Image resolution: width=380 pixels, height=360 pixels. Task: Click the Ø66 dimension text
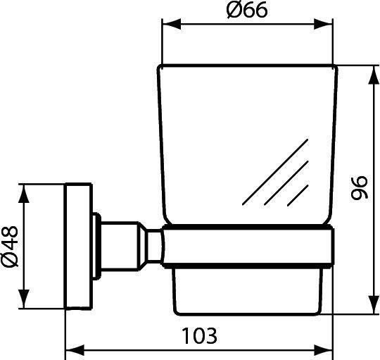(248, 12)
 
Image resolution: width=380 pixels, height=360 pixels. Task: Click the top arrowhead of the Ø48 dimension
(26, 192)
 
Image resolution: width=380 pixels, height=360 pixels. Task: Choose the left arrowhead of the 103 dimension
(72, 350)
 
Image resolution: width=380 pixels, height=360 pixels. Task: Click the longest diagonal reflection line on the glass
(274, 172)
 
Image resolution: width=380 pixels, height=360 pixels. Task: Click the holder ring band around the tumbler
(246, 247)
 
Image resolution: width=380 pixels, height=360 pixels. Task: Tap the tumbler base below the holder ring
(246, 289)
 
